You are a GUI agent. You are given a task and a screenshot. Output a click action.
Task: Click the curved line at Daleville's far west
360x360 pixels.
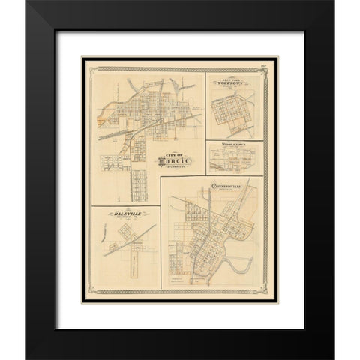point(99,239)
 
